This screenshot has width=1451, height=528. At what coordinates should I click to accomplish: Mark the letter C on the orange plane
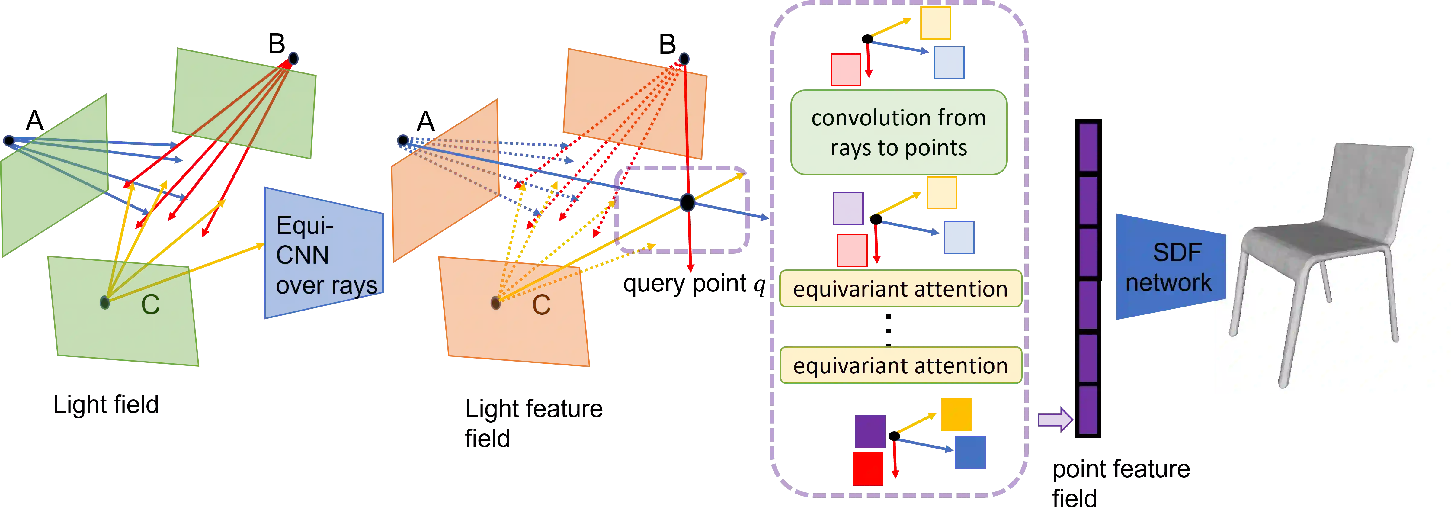[541, 305]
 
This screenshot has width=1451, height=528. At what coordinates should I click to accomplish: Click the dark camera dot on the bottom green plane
[105, 303]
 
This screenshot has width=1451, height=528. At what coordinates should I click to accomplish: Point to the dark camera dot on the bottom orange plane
[495, 303]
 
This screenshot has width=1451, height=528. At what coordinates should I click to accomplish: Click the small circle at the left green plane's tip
[8, 140]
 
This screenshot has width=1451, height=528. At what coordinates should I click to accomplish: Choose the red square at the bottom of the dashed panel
[867, 468]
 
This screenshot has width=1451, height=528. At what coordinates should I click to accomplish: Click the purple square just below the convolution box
[848, 208]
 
